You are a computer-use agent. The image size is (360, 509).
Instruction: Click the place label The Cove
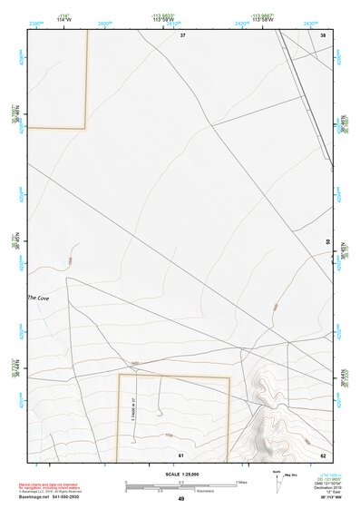coord(39,298)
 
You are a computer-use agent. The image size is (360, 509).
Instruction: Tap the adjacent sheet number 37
coord(182,34)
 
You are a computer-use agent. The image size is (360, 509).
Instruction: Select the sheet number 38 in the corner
coord(323,34)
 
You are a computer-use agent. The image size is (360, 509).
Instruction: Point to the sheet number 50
coord(327,242)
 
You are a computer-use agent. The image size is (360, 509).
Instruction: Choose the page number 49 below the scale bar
coord(181,499)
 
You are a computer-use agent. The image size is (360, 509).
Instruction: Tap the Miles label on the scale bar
coord(242,481)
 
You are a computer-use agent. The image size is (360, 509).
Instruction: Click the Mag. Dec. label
coord(292,475)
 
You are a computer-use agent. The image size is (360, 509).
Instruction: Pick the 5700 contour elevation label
coord(169,436)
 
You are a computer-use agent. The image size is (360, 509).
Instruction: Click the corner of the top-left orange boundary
coord(85,127)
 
